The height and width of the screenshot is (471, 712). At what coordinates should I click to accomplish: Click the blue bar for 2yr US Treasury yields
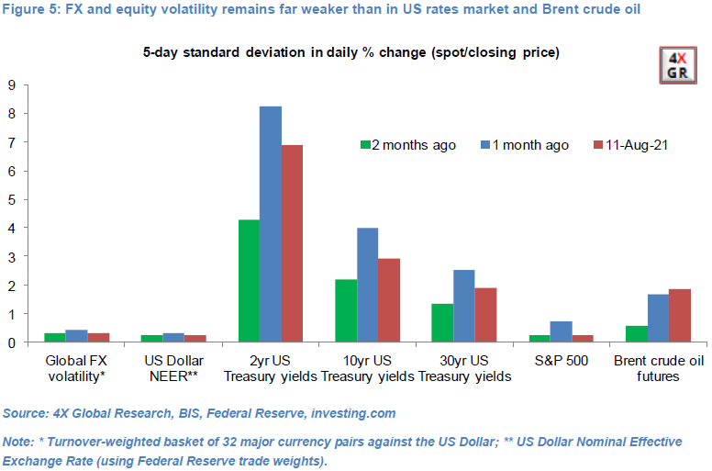point(270,224)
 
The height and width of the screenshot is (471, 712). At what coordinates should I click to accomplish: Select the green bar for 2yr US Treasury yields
point(249,281)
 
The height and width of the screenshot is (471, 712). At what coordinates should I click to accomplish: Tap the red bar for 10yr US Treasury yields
point(389,300)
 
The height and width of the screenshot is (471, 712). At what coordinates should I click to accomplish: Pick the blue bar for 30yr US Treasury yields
point(464,306)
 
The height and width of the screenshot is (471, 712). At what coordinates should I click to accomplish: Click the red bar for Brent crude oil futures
point(680,316)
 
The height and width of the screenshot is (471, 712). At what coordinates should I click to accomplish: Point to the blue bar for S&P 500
point(562,331)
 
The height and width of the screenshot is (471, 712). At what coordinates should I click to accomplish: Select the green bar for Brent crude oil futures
point(637,334)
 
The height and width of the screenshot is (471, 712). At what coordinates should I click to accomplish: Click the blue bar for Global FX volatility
point(76,336)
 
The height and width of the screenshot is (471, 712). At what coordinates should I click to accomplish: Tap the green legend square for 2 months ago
point(365,145)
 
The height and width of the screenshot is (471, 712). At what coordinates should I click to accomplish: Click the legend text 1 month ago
point(530,145)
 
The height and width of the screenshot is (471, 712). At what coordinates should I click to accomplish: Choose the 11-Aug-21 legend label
point(637,145)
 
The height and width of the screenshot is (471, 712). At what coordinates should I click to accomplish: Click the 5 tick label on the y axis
point(12,200)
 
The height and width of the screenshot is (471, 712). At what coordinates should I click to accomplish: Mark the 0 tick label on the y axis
point(12,342)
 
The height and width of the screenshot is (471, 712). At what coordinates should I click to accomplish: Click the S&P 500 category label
point(562,361)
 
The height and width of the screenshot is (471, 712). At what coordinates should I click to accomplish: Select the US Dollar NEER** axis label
point(174,368)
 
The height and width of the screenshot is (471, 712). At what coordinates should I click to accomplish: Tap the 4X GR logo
point(678,65)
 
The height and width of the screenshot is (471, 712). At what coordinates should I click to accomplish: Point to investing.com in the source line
point(353,413)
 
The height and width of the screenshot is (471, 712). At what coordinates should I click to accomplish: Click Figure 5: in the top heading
point(31,9)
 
